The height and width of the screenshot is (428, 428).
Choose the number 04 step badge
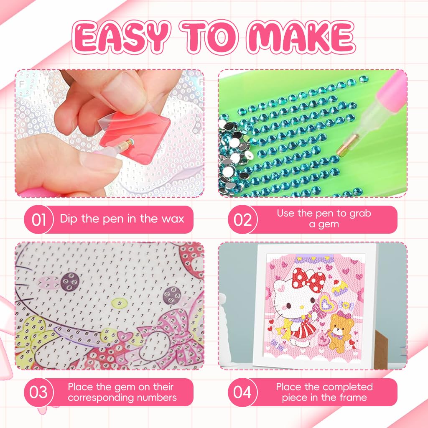243,392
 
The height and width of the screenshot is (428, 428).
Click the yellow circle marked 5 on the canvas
120,302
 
